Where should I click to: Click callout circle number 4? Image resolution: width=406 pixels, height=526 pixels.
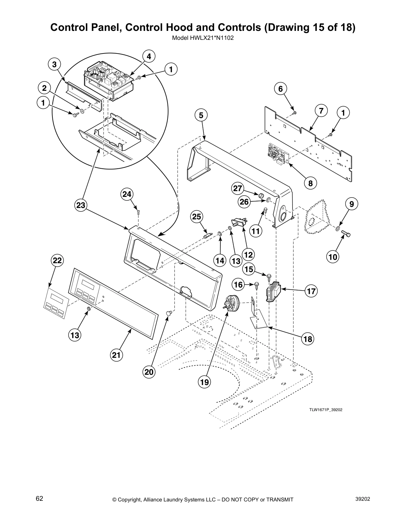click(149, 57)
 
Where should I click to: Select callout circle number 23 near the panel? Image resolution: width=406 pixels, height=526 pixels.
click(81, 206)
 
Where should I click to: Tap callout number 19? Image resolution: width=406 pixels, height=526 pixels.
click(205, 382)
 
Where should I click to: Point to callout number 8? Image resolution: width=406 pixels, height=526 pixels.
click(310, 183)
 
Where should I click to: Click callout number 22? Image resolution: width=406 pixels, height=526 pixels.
click(57, 261)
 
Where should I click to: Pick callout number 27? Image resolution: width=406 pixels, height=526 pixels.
click(237, 189)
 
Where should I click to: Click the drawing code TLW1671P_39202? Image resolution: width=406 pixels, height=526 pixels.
click(326, 410)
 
